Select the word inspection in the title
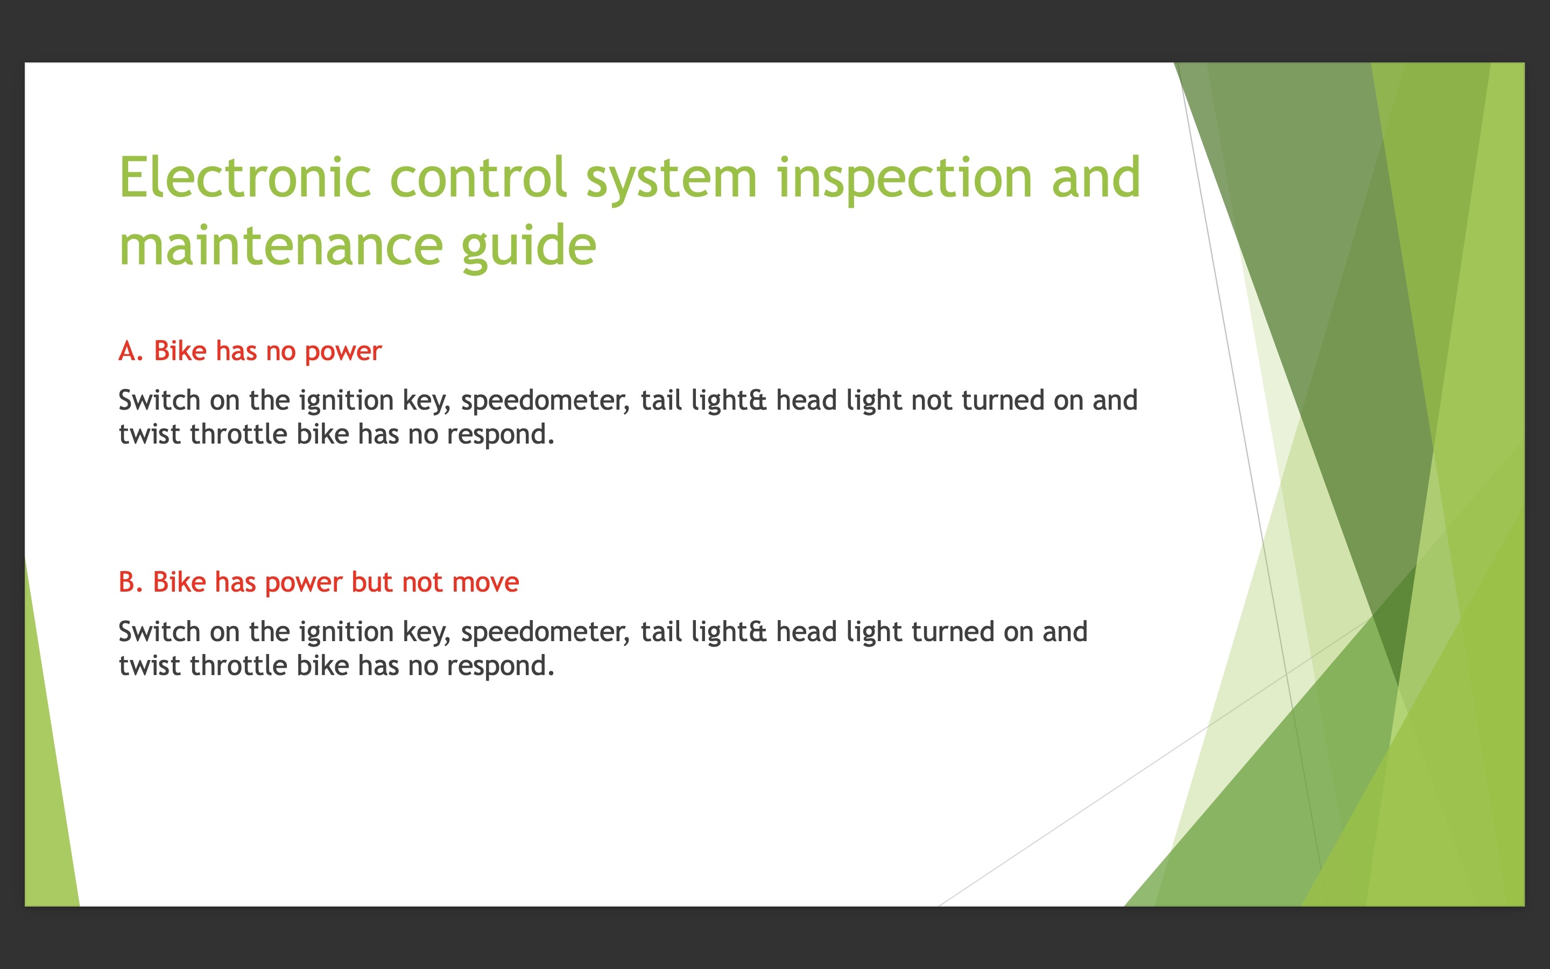[x=904, y=180]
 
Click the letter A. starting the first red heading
[x=131, y=351]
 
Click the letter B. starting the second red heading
[x=131, y=582]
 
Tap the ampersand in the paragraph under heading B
[x=758, y=633]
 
